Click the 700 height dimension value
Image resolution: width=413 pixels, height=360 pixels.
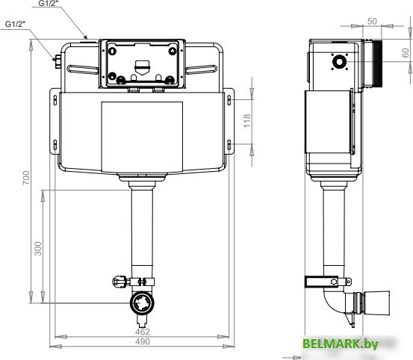25,177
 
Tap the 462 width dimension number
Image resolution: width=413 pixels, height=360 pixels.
142,331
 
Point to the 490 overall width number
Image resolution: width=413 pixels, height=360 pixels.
142,342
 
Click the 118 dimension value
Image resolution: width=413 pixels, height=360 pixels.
246,120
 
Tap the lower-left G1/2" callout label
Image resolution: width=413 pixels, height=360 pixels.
16,24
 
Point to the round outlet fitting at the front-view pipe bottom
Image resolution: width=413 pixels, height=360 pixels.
141,302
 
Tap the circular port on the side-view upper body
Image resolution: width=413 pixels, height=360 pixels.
341,61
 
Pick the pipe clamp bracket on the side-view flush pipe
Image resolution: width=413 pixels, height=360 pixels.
326,281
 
